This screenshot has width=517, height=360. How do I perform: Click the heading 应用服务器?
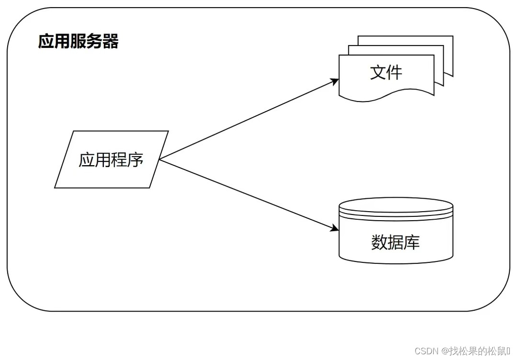click(78, 42)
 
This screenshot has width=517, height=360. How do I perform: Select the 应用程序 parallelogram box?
click(112, 159)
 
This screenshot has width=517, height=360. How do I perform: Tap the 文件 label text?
click(386, 72)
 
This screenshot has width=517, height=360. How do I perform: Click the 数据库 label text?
click(395, 242)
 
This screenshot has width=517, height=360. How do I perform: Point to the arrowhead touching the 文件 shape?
click(335, 81)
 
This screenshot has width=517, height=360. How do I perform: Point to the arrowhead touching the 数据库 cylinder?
click(335, 229)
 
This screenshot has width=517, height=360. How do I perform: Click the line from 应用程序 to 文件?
click(249, 120)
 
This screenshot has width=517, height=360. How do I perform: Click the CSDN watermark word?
click(427, 351)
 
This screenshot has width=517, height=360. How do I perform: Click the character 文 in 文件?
click(378, 72)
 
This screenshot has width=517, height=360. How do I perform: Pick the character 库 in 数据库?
click(412, 242)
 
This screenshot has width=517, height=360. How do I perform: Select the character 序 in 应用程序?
click(135, 159)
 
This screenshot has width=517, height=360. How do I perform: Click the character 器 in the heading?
click(111, 42)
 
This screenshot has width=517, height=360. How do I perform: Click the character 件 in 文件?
click(394, 72)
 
